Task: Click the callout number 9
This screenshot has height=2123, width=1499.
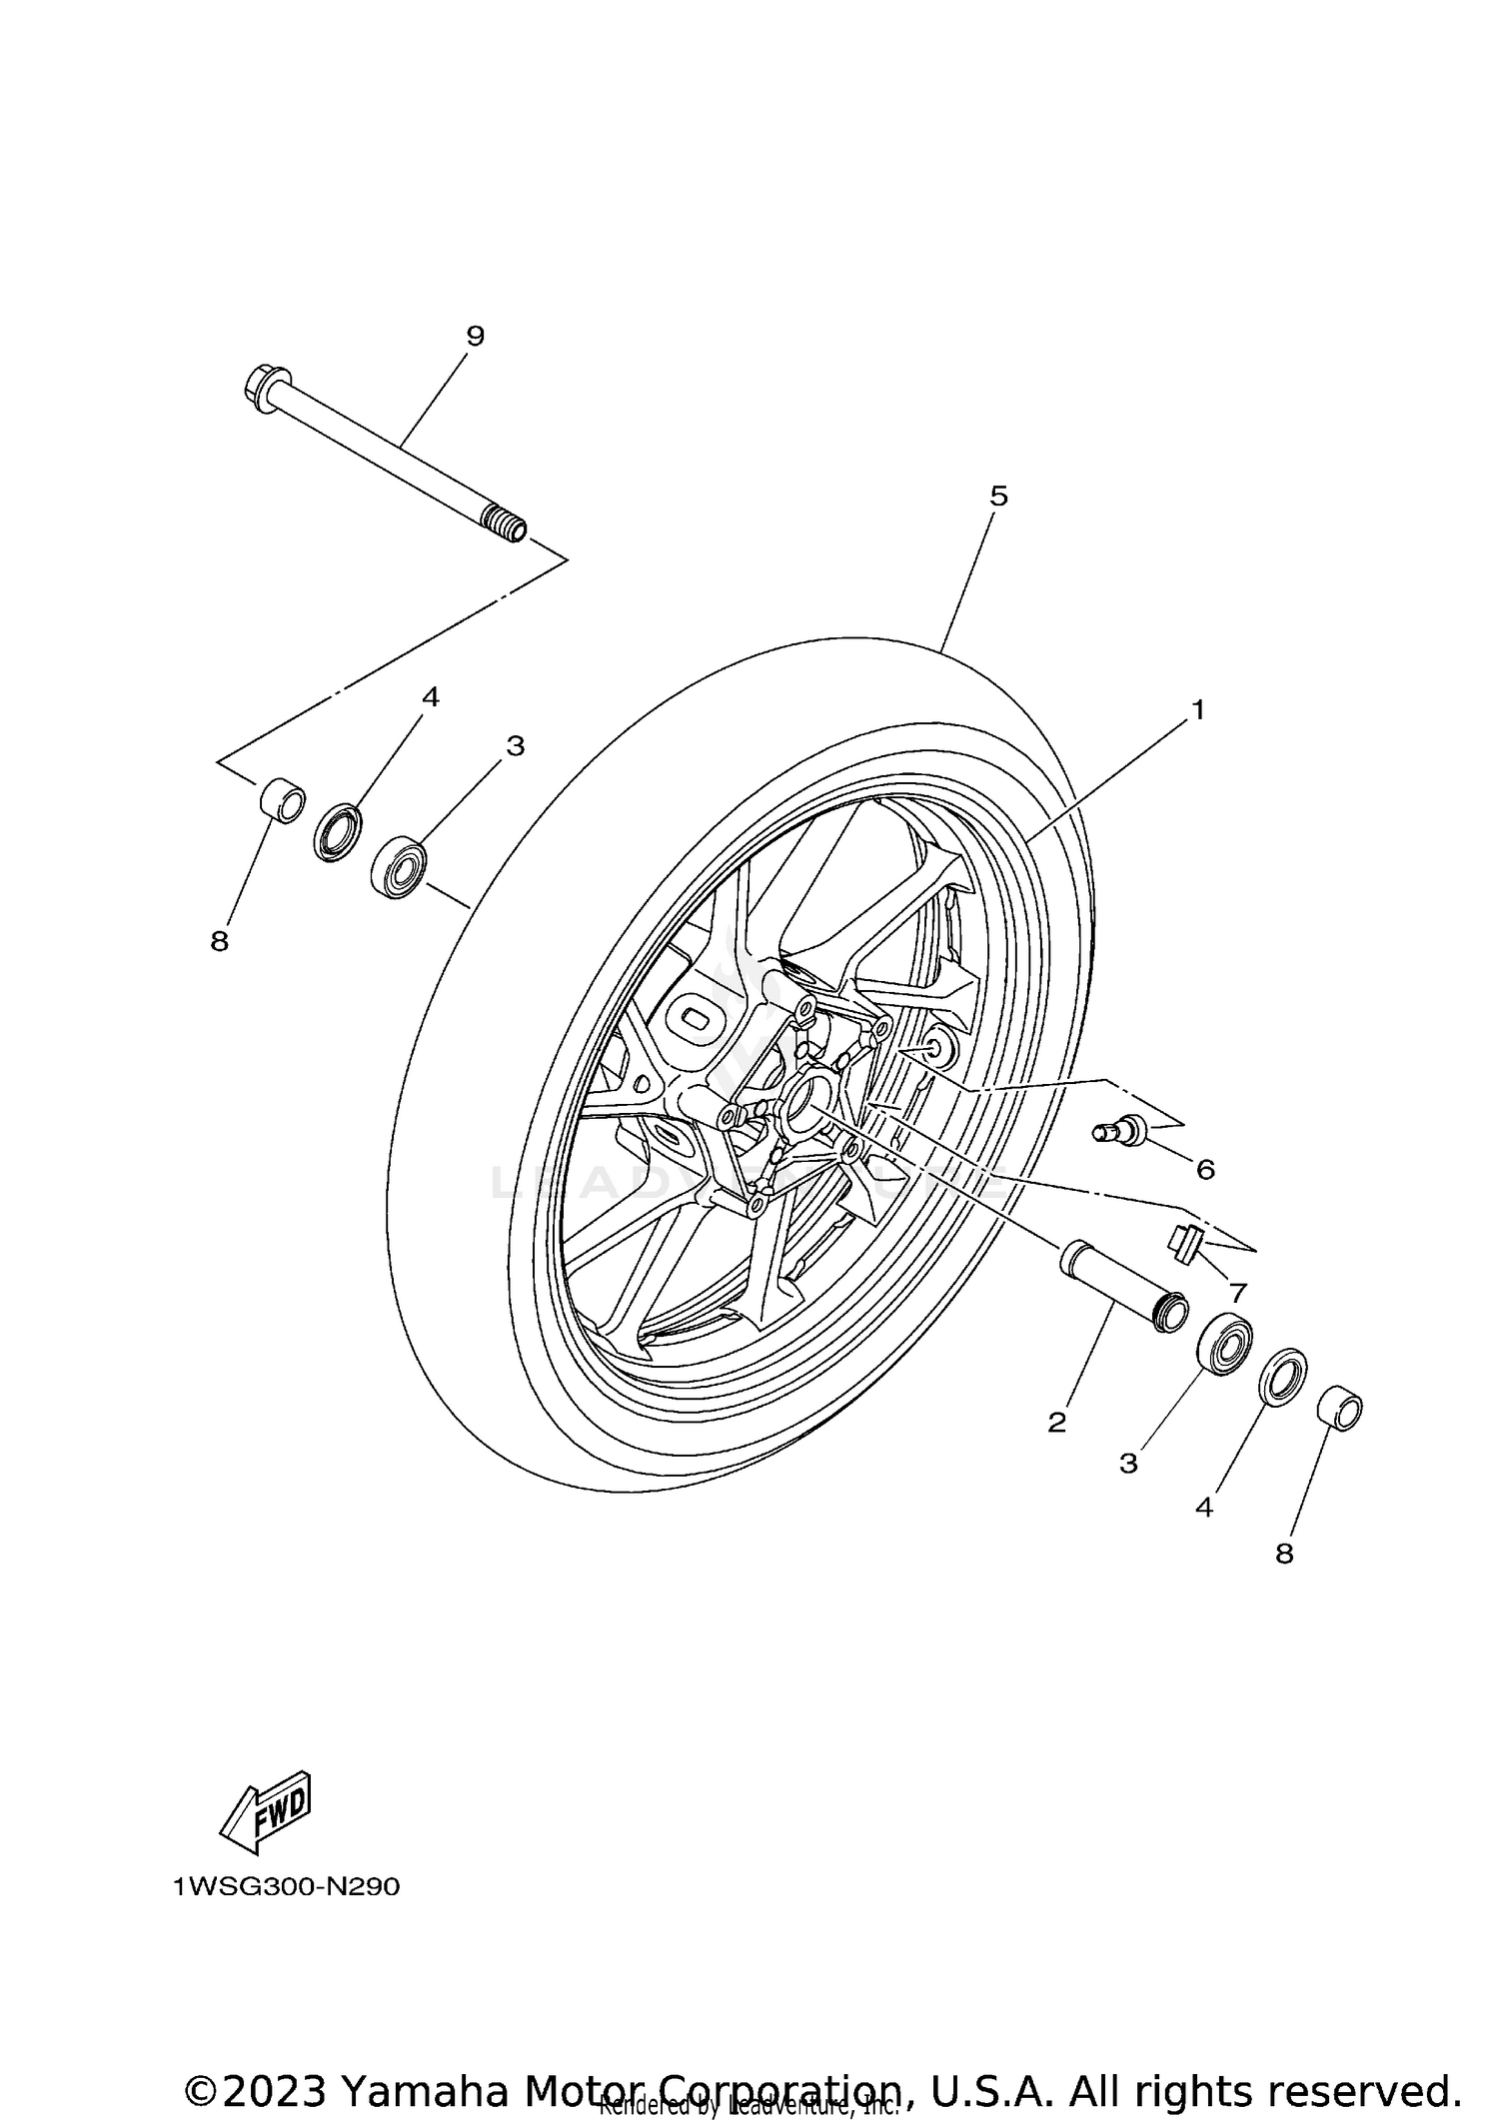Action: (475, 336)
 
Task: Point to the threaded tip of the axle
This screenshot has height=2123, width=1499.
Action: (505, 523)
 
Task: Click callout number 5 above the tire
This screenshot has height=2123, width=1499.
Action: (997, 497)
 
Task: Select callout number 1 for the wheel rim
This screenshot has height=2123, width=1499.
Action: (1197, 710)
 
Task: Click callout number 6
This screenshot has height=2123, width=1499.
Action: (1205, 1169)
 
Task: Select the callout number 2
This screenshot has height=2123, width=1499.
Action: (1056, 1422)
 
